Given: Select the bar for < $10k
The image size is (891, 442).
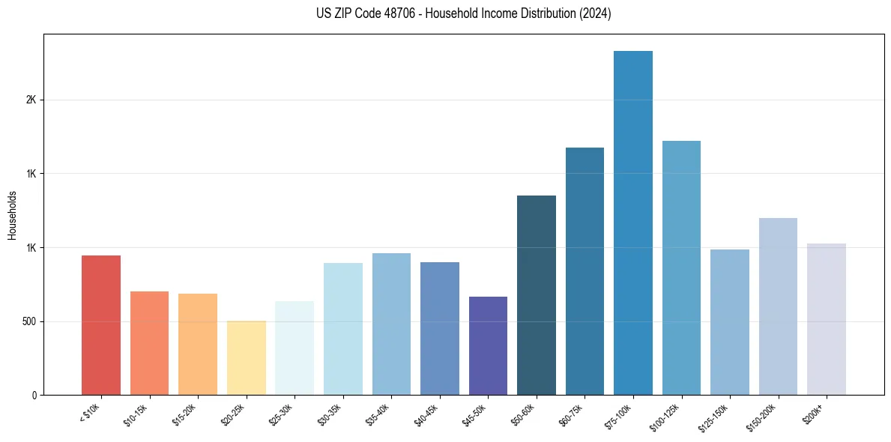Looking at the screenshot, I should point(101,325).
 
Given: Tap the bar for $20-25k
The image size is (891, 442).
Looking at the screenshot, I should point(247,358).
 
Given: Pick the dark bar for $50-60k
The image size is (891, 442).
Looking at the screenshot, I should point(537,295).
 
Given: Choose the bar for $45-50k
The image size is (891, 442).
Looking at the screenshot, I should point(488,345).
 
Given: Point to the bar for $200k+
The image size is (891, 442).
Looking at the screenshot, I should point(827,319).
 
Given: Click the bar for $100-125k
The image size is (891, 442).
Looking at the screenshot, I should point(681,267).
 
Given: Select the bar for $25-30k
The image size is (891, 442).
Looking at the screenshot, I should point(295,348).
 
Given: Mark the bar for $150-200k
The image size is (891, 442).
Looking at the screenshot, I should point(778,306).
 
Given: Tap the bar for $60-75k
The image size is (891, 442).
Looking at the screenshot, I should point(585,271).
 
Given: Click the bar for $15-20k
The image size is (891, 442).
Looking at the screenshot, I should point(198,344).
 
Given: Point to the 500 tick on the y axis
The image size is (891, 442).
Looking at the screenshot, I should point(30,321).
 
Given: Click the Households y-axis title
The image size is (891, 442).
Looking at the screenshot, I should point(13,214).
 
